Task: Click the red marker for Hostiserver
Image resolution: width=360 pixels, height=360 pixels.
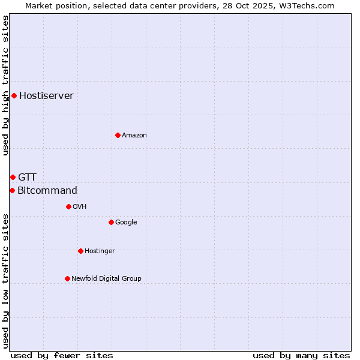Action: click(x=14, y=95)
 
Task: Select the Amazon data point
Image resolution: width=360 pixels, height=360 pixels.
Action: click(x=118, y=135)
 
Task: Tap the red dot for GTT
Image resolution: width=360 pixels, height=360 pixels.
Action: click(x=13, y=177)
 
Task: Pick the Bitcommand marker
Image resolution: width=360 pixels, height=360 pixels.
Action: click(x=12, y=190)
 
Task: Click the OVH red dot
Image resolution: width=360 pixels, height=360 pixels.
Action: click(x=68, y=206)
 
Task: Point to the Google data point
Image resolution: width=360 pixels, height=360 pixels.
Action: click(x=111, y=222)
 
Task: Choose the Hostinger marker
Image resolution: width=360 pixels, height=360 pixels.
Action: click(x=80, y=251)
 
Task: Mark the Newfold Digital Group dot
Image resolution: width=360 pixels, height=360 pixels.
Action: click(x=67, y=278)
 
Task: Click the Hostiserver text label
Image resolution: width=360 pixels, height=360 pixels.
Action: click(x=46, y=96)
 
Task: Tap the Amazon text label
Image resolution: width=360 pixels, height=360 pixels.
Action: click(x=134, y=136)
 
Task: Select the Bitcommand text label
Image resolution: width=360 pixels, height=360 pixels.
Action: click(x=47, y=191)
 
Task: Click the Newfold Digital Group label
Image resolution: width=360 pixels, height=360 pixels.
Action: click(x=106, y=278)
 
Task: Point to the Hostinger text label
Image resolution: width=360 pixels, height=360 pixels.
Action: click(x=100, y=251)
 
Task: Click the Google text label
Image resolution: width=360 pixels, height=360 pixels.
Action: click(x=126, y=223)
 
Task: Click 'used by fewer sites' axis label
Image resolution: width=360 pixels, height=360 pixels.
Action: click(x=62, y=355)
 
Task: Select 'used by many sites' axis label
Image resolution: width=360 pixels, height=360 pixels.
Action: click(x=301, y=355)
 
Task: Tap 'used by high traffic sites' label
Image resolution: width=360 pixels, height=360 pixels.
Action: click(x=5, y=85)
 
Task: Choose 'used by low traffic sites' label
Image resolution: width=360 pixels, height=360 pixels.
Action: click(x=5, y=281)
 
